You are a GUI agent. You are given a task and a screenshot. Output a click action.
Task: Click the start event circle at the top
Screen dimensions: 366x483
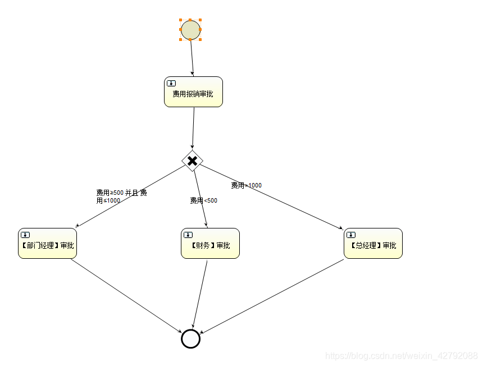[190, 30]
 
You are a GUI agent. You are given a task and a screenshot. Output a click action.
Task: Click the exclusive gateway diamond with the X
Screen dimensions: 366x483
[192, 161]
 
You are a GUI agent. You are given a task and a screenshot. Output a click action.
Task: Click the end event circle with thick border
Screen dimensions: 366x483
[190, 338]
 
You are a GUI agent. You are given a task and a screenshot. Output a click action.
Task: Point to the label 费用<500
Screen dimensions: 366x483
[203, 200]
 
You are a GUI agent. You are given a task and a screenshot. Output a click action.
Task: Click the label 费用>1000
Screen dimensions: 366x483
[246, 185]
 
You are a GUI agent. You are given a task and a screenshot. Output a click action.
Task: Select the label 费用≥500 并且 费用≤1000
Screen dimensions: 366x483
[121, 196]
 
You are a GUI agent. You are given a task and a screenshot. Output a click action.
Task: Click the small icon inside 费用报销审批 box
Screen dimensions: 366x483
[171, 83]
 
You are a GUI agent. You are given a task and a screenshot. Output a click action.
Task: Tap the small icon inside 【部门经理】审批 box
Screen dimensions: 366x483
[25, 235]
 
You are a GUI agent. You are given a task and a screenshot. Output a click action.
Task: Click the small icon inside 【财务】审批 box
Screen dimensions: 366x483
[188, 235]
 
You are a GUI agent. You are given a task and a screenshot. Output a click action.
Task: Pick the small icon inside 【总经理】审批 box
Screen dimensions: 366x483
[351, 235]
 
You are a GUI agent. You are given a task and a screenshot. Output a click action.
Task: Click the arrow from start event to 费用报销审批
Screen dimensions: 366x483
[192, 58]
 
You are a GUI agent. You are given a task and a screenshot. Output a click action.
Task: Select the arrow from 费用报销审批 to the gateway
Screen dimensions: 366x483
[193, 128]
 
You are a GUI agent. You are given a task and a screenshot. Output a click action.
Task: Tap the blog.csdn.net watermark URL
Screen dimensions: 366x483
[402, 355]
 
